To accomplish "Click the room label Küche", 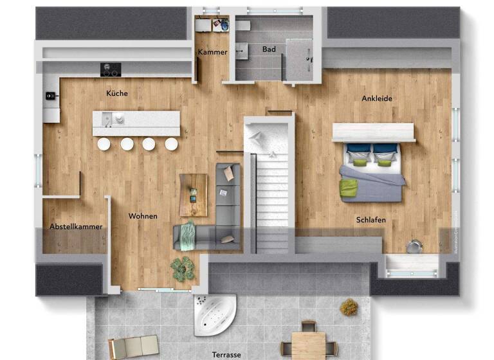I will [117, 93].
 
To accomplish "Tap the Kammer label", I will [212, 52].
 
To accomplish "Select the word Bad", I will [269, 49].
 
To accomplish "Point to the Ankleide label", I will [377, 98].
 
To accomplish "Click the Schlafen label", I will [371, 220].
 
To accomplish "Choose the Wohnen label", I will [143, 216].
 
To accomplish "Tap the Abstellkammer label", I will [76, 226].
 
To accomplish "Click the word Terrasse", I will [226, 354].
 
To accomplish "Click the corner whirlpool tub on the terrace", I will [214, 316].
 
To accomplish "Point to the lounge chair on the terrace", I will [133, 346].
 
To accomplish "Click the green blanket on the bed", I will [349, 188].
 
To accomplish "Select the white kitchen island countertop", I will [136, 122].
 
